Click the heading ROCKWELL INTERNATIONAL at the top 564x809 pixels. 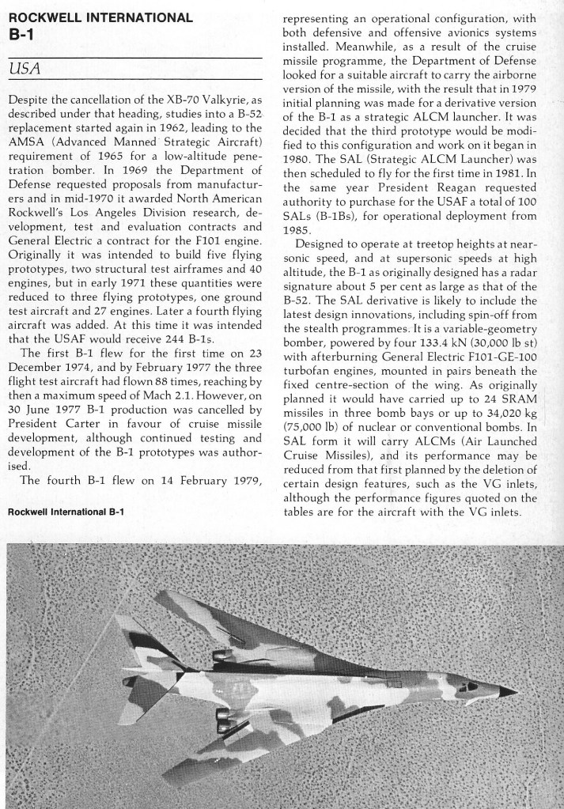(99, 17)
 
